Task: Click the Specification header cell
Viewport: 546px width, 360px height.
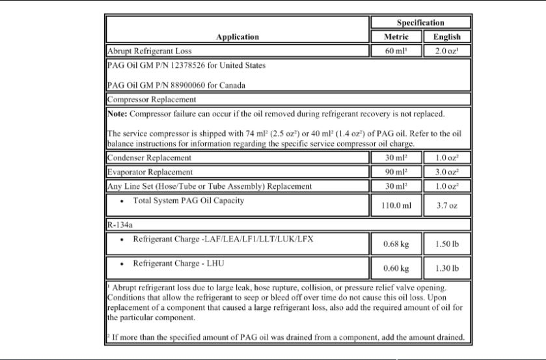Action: click(420, 23)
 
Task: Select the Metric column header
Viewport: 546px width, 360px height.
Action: click(396, 36)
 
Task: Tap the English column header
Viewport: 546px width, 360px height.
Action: click(447, 36)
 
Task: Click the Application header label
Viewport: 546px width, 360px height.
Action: click(238, 36)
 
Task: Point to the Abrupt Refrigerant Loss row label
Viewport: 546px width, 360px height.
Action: click(149, 50)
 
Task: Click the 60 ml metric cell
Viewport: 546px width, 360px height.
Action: click(396, 50)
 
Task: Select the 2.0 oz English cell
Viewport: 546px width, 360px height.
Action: click(447, 50)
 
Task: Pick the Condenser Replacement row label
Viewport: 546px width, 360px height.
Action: click(149, 158)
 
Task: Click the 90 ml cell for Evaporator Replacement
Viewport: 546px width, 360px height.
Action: click(396, 172)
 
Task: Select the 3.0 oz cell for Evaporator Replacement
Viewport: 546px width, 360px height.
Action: click(447, 172)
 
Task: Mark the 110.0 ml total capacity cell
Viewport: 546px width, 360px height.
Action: click(396, 206)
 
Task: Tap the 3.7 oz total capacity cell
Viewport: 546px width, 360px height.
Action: click(447, 206)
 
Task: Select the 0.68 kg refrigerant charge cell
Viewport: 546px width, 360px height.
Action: click(396, 245)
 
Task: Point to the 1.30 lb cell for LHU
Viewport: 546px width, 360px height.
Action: click(447, 268)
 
